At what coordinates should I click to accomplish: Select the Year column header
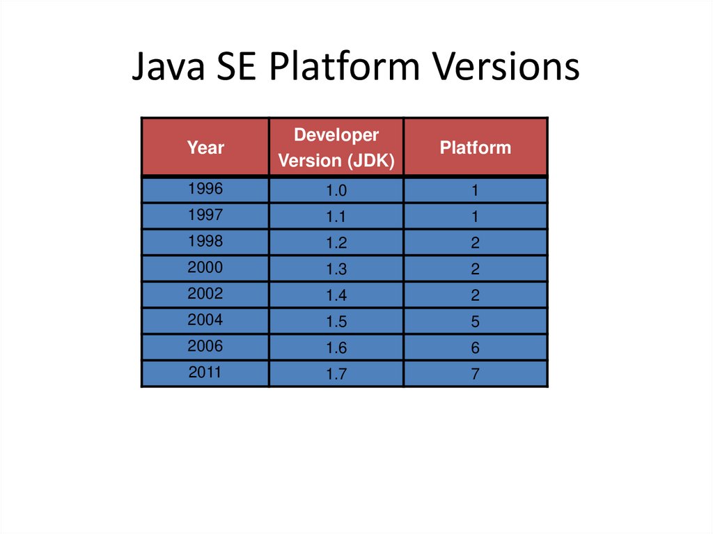pyautogui.click(x=205, y=148)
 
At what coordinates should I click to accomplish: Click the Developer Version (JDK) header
pyautogui.click(x=336, y=148)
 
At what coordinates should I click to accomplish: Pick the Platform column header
pyautogui.click(x=476, y=148)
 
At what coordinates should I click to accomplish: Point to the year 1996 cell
pyautogui.click(x=205, y=188)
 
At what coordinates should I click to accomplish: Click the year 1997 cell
pyautogui.click(x=205, y=214)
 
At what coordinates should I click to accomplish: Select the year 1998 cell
pyautogui.click(x=205, y=241)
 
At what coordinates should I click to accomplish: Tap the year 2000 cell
pyautogui.click(x=205, y=267)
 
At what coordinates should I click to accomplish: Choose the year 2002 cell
pyautogui.click(x=205, y=293)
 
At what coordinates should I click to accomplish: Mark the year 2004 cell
pyautogui.click(x=205, y=320)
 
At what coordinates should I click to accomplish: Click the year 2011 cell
pyautogui.click(x=205, y=372)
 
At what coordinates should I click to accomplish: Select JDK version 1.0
pyautogui.click(x=336, y=191)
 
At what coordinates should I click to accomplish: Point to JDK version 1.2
pyautogui.click(x=336, y=244)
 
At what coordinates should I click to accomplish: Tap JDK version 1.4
pyautogui.click(x=336, y=296)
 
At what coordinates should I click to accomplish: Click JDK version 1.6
pyautogui.click(x=336, y=348)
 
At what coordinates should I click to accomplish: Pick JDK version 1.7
pyautogui.click(x=336, y=375)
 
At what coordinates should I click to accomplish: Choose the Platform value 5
pyautogui.click(x=475, y=322)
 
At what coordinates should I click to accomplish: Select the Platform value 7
pyautogui.click(x=475, y=375)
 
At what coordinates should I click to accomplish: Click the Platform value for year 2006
pyautogui.click(x=475, y=348)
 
